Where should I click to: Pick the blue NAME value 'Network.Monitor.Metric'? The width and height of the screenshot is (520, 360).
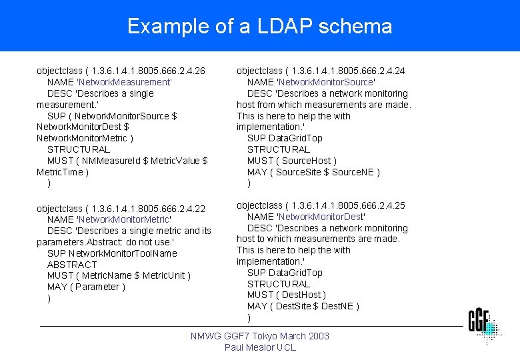125,219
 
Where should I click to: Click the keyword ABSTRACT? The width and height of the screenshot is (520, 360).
72,265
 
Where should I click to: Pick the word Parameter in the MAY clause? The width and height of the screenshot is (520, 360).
98,287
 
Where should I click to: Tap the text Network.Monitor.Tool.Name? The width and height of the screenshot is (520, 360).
123,253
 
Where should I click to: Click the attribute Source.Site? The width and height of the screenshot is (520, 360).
298,172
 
